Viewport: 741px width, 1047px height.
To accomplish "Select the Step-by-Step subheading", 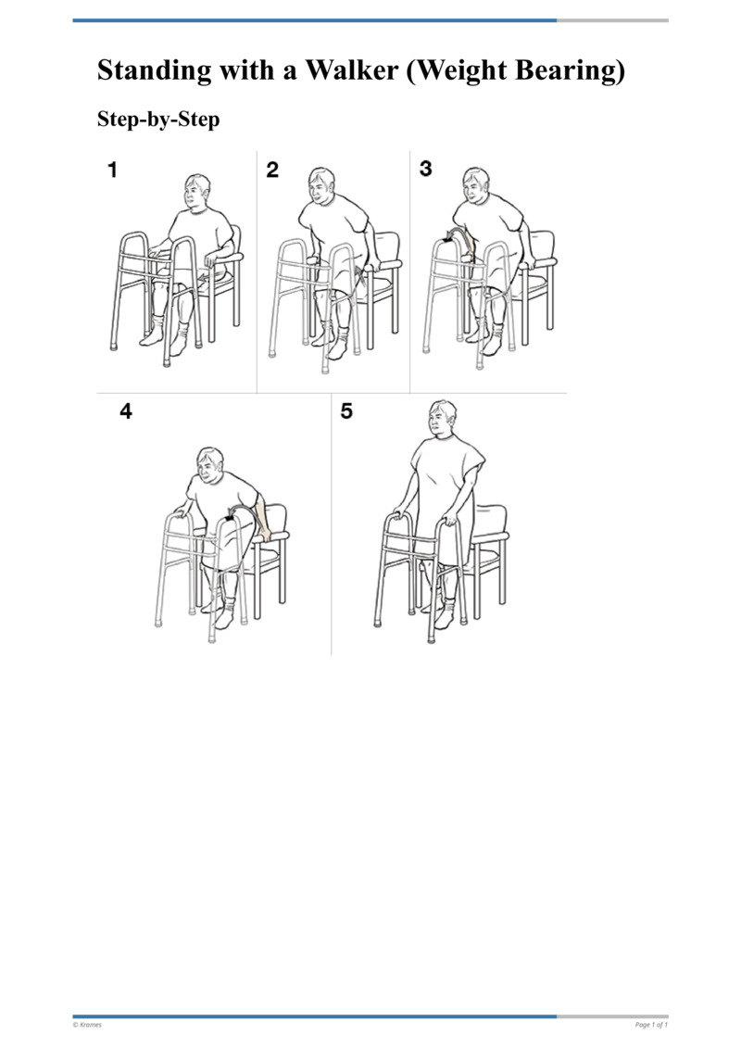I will point(158,120).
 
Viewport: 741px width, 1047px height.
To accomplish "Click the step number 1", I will point(112,170).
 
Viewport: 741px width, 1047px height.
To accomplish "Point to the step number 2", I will point(271,170).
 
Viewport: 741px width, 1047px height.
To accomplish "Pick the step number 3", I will point(425,169).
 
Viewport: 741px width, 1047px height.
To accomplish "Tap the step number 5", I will point(346,411).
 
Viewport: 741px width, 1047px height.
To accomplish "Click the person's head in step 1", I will point(197,192).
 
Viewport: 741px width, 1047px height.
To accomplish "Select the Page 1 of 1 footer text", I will point(651,1025).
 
